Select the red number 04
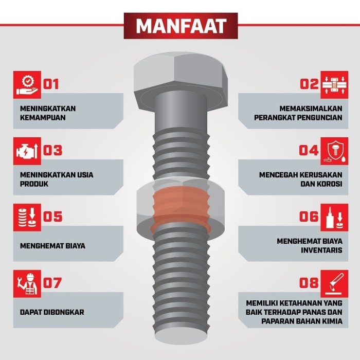coord(309,150)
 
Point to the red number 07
coord(52,283)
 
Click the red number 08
coord(309,283)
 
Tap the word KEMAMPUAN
coord(44,117)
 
